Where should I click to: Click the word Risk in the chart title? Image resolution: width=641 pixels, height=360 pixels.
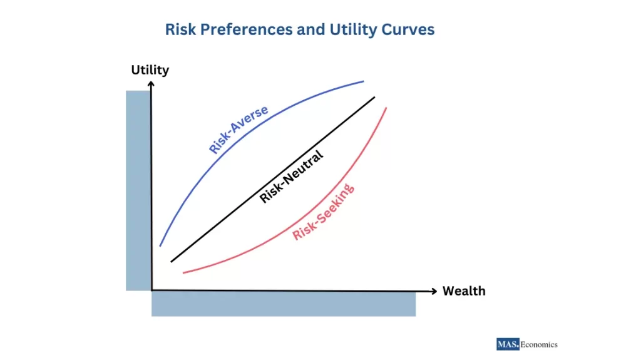click(x=179, y=29)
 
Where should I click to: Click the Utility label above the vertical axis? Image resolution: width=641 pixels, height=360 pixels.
click(x=150, y=69)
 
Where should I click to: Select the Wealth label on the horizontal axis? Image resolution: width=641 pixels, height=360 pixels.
click(x=464, y=291)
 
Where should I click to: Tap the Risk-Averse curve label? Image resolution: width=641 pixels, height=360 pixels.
click(x=238, y=130)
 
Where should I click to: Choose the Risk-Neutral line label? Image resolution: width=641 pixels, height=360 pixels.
click(x=291, y=177)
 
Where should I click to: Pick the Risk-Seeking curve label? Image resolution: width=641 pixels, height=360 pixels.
click(x=324, y=212)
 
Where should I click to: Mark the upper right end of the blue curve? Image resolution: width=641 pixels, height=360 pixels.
click(x=364, y=81)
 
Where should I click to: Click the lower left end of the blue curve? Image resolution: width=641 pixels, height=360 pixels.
click(x=160, y=245)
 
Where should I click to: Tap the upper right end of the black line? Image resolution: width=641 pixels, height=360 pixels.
click(x=374, y=97)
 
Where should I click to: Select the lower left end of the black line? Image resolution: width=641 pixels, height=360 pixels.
click(x=172, y=261)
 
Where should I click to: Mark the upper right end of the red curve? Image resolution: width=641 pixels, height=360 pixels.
click(x=386, y=108)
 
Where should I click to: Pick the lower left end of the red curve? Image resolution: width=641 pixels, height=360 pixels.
click(x=183, y=272)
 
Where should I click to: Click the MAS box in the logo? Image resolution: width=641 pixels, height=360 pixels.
click(x=507, y=344)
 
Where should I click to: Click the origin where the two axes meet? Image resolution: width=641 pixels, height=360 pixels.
click(x=151, y=291)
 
